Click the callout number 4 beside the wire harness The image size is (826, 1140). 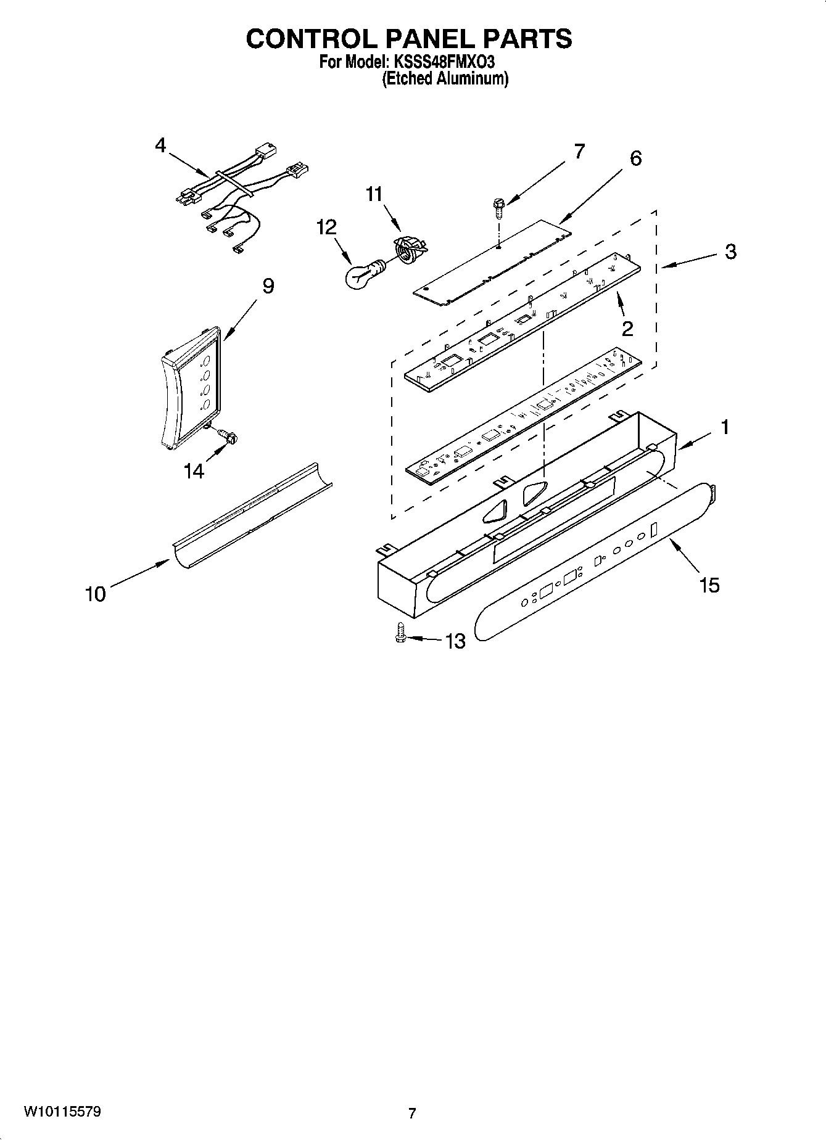coord(160,146)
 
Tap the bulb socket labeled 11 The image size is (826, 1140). coord(407,249)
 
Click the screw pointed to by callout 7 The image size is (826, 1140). coord(497,208)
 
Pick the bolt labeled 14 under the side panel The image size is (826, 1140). coord(229,437)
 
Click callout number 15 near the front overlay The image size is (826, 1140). coord(709,584)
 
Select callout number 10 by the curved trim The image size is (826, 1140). coord(96,594)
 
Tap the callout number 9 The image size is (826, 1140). coord(268,286)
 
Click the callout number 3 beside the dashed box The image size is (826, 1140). coord(730,252)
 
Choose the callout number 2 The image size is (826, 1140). coord(627,329)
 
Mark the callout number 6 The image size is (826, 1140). coord(635,158)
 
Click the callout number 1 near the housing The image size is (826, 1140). coord(725,427)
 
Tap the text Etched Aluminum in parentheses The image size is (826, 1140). coord(445,79)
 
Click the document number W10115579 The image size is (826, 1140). coord(62,1112)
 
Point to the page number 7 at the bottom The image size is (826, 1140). coord(412,1113)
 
